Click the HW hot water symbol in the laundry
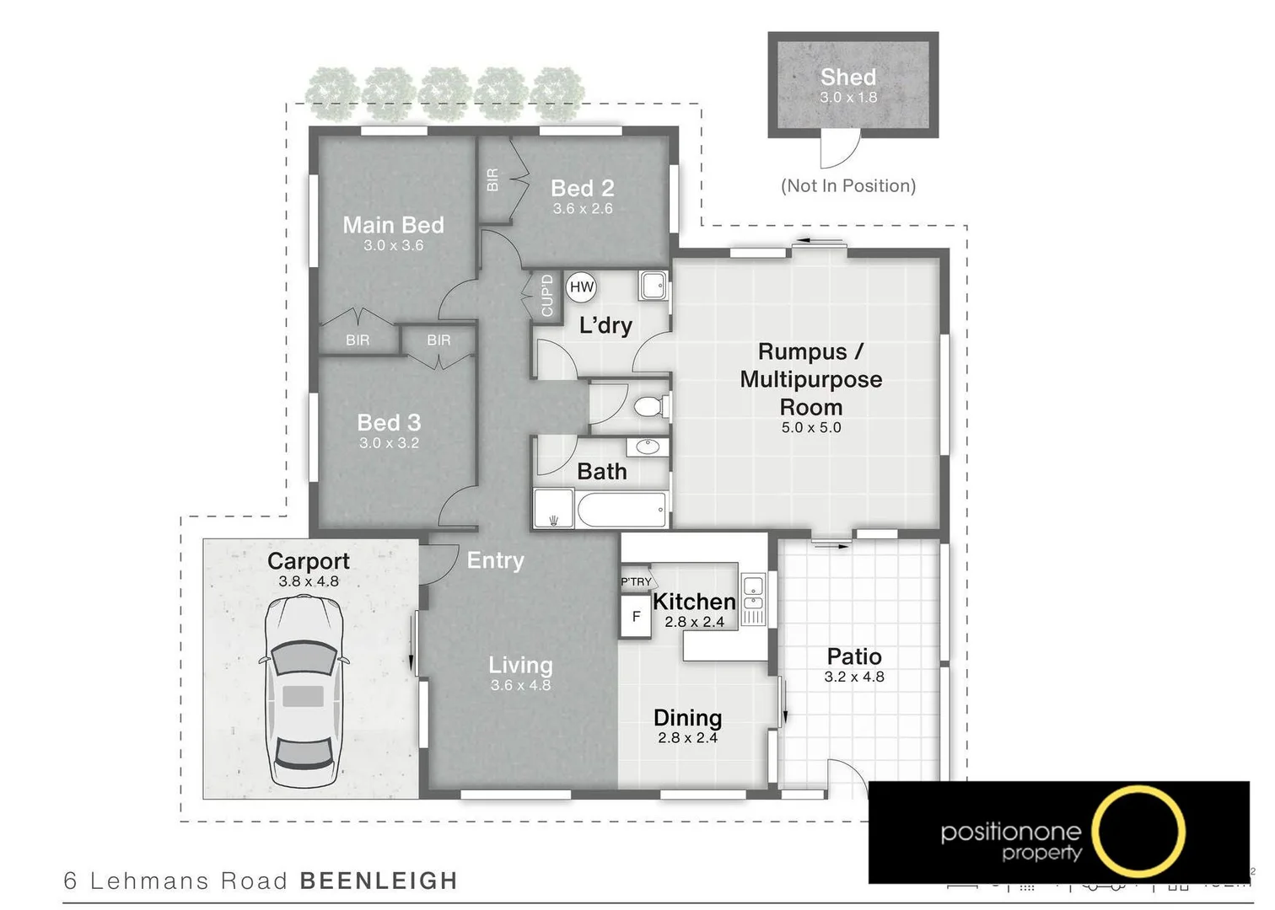pos(582,287)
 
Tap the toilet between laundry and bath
pos(649,408)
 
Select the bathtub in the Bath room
pos(621,510)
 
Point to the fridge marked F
pos(636,617)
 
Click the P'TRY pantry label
pos(636,581)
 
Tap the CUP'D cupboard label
pos(547,296)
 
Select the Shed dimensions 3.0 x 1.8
pos(848,98)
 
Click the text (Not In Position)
pos(848,186)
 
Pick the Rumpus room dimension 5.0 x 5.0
pos(811,428)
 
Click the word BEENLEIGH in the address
pos(379,881)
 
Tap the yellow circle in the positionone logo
pos(1138,831)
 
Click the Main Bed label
pos(393,225)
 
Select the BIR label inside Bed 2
pos(493,180)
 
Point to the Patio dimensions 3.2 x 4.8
pos(854,677)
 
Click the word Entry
pos(496,560)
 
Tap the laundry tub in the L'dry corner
pos(654,285)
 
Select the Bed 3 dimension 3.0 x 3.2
pos(389,443)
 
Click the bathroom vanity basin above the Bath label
pos(648,447)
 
